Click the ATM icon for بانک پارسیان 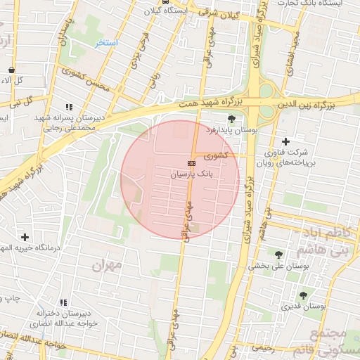click(x=193, y=162)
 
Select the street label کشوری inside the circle click(x=215, y=155)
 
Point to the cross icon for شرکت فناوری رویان click(x=286, y=141)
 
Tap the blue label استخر click(x=107, y=43)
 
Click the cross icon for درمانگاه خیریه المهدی click(x=25, y=237)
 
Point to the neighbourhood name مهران click(x=106, y=266)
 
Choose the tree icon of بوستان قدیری click(x=303, y=295)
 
